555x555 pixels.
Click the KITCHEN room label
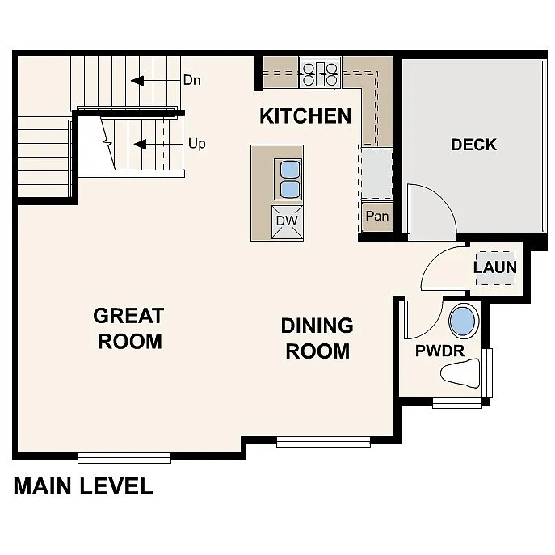tap(305, 116)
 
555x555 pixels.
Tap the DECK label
tap(473, 145)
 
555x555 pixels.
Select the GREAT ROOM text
tap(129, 328)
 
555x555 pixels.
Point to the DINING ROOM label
tap(317, 338)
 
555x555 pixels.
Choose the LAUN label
tap(494, 267)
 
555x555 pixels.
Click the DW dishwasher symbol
tap(287, 220)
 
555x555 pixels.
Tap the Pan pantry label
tap(376, 217)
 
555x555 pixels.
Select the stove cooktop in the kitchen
tap(320, 73)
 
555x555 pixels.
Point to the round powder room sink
tap(464, 322)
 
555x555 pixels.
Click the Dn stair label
tap(192, 80)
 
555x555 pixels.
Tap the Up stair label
tap(196, 144)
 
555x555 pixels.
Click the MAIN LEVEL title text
tap(83, 486)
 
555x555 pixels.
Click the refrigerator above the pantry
tap(376, 173)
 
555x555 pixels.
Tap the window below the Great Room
tap(124, 457)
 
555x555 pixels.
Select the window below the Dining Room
tap(323, 442)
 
